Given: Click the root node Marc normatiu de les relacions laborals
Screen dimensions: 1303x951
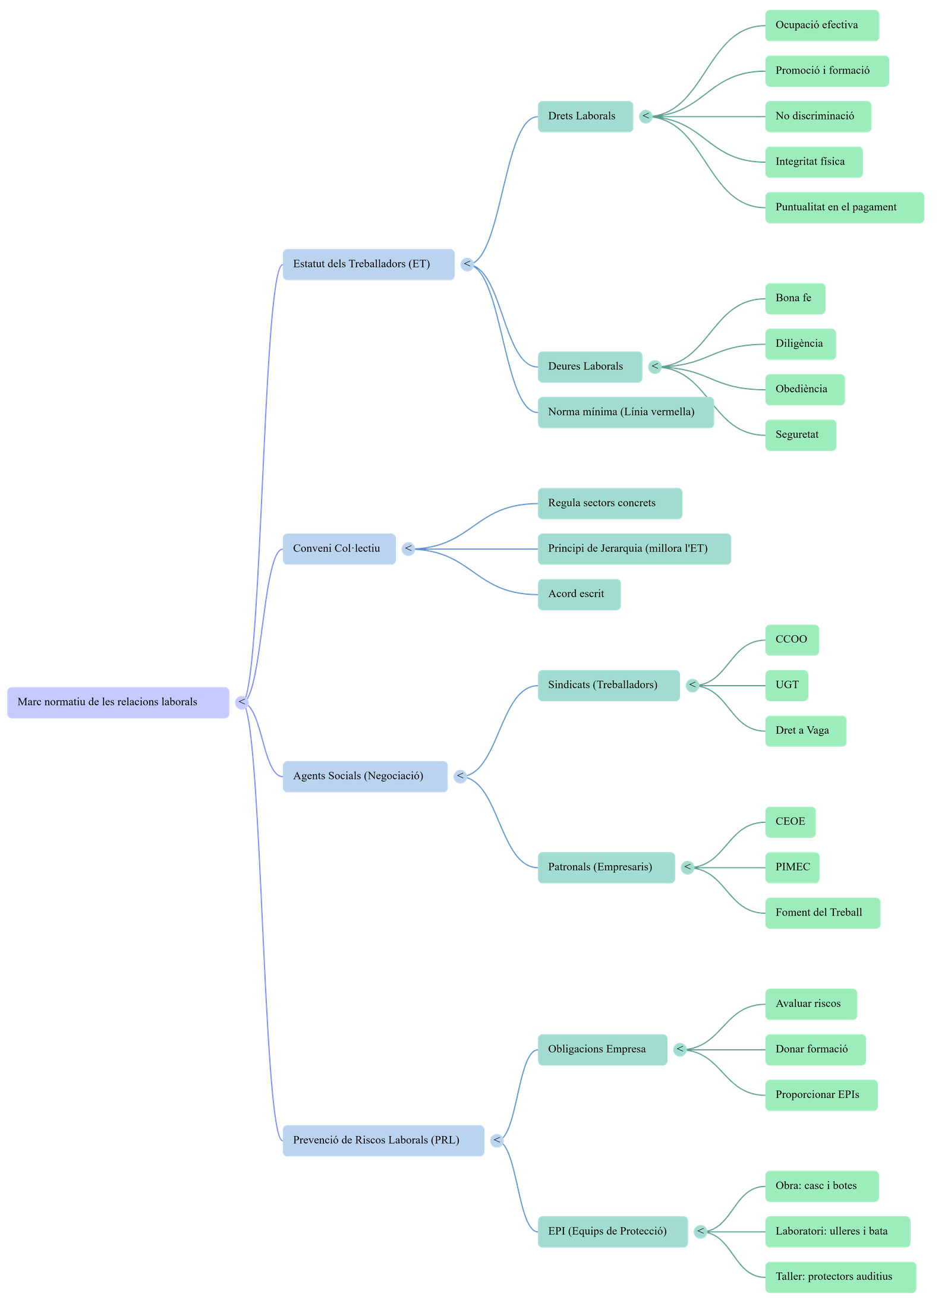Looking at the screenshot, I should pos(118,702).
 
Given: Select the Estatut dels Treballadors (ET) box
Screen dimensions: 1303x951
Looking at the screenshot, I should pos(369,264).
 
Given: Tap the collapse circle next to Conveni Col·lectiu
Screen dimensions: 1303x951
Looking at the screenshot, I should pos(408,549).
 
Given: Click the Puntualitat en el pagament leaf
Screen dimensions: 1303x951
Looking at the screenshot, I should pos(844,207).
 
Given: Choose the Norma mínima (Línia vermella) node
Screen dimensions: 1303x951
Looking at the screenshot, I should pos(625,412).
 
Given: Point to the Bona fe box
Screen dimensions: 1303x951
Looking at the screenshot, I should pos(795,298).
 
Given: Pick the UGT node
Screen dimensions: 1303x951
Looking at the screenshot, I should pos(786,685).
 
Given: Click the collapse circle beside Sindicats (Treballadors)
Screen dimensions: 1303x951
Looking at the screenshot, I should pos(692,686).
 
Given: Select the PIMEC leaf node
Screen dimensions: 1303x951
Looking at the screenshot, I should pos(792,867).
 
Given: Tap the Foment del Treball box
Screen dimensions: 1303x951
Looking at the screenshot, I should pos(822,913).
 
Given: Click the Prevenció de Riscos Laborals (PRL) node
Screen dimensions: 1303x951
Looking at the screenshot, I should pos(383,1140).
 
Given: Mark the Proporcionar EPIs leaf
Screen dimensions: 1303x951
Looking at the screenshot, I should pos(821,1095).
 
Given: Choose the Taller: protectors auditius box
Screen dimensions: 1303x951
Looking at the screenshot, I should pos(840,1277).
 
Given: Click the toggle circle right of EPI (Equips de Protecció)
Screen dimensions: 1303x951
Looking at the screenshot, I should pos(701,1232).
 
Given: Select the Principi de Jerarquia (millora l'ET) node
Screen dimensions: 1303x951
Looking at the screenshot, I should pos(634,549).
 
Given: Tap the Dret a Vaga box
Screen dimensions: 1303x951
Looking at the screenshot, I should pos(805,731).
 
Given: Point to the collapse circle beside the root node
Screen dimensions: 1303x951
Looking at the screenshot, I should pos(242,703).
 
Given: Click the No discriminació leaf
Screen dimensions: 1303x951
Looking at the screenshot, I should pos(818,116).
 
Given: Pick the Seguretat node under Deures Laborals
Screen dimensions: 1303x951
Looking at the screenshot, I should pos(800,435).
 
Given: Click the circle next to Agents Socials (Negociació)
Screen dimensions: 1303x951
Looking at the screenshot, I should pos(460,777).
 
